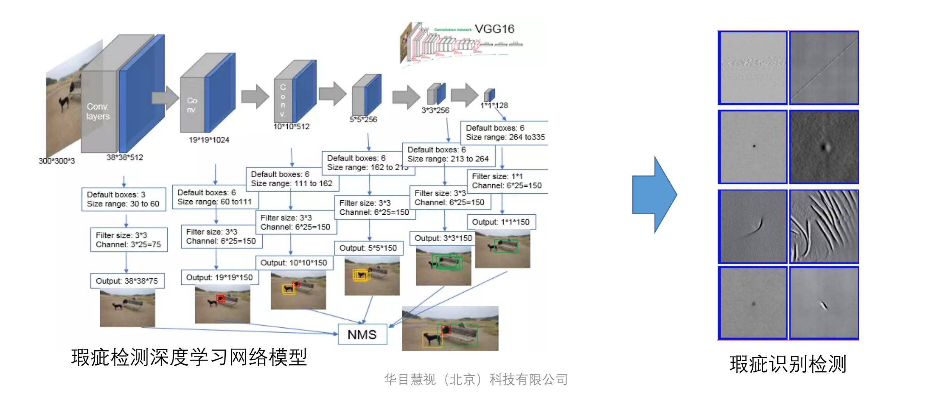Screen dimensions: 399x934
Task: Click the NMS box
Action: tap(362, 334)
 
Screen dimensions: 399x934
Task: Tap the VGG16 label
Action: tap(494, 29)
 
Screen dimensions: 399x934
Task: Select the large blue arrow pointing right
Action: tap(655, 194)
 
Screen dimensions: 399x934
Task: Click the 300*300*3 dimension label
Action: tap(57, 161)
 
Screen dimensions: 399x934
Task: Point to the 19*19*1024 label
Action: tap(209, 139)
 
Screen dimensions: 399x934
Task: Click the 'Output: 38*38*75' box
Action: tap(127, 281)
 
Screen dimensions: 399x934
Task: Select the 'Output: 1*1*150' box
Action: tap(501, 222)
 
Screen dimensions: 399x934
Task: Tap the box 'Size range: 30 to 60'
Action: tap(124, 199)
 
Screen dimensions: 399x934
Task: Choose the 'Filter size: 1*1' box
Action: tap(507, 181)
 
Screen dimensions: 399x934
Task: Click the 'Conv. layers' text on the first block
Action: tap(98, 111)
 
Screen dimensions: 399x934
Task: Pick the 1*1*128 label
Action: tap(494, 105)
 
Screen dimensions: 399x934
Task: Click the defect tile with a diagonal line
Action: tap(824, 68)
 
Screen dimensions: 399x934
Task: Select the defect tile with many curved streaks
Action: tap(824, 226)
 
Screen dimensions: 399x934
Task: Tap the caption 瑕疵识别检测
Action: tap(788, 364)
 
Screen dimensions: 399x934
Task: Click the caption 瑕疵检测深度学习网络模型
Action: tap(189, 357)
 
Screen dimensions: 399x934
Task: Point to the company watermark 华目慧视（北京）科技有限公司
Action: tap(476, 379)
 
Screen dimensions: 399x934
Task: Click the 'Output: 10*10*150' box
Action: tap(294, 263)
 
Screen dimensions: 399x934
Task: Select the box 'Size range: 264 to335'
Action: tap(505, 132)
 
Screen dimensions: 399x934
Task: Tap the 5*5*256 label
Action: tap(363, 120)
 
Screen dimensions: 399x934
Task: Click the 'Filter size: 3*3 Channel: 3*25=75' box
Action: tap(129, 240)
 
